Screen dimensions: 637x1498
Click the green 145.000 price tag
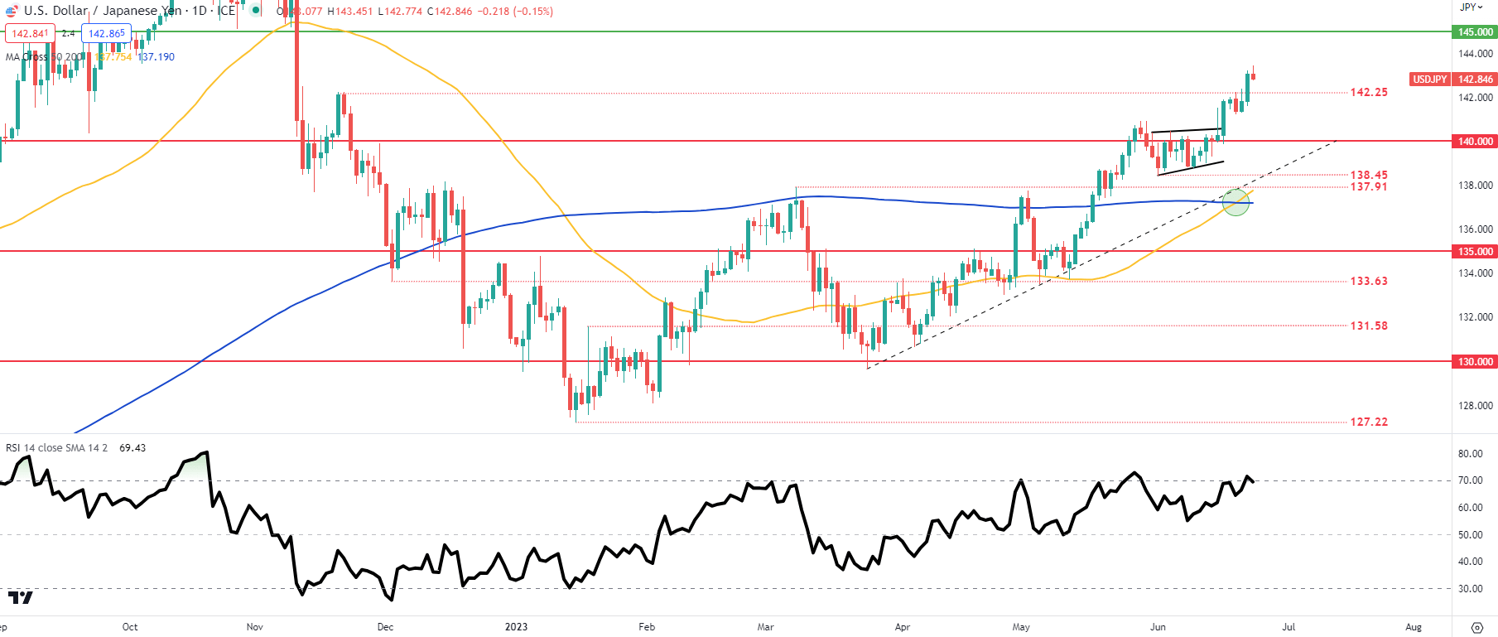(x=1475, y=32)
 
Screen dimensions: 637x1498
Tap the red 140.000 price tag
(x=1475, y=142)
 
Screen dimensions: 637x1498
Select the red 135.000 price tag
(x=1475, y=252)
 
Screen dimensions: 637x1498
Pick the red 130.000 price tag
(x=1475, y=362)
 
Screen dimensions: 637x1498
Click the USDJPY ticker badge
(x=1429, y=80)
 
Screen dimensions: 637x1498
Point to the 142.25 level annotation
(x=1369, y=93)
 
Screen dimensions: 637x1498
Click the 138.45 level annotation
(x=1369, y=175)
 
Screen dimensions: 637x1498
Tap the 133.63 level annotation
(x=1369, y=282)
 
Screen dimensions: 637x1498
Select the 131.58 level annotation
(x=1369, y=326)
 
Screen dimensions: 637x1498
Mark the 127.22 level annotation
(x=1369, y=422)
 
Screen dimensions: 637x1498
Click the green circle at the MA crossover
(x=1235, y=202)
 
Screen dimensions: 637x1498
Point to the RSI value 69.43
(x=132, y=448)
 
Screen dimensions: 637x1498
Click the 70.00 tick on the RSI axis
(x=1470, y=480)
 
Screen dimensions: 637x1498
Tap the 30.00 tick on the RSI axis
(x=1470, y=589)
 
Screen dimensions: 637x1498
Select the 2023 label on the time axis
(x=516, y=627)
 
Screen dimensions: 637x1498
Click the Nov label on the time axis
(x=255, y=627)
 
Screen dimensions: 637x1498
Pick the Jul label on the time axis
(x=1288, y=627)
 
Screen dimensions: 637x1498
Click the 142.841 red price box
(x=31, y=34)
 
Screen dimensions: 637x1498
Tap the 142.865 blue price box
(x=107, y=34)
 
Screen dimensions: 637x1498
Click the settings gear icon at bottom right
(x=1476, y=627)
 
